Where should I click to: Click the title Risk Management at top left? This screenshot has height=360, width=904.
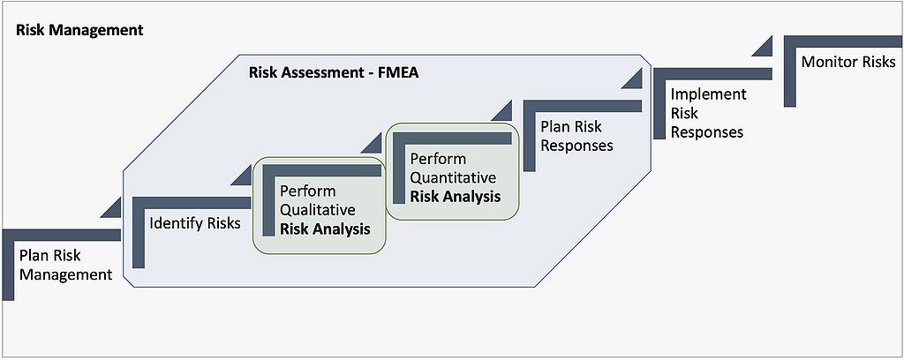[79, 29]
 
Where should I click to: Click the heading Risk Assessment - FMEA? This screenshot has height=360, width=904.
[334, 72]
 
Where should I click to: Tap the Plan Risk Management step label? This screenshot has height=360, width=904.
[65, 265]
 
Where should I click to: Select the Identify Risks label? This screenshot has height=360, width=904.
[195, 223]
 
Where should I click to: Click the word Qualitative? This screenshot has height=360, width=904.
[318, 210]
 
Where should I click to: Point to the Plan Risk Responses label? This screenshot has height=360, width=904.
[576, 136]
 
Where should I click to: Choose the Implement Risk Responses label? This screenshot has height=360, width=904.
[708, 113]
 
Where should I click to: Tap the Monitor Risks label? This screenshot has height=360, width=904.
[848, 62]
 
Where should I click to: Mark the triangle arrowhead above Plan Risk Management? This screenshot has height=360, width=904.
[111, 208]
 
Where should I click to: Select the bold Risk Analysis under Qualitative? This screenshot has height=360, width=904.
[324, 229]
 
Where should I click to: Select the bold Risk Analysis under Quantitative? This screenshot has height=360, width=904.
[456, 196]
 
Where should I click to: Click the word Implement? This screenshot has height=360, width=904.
[709, 94]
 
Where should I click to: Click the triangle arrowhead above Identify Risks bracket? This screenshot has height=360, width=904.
[241, 176]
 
